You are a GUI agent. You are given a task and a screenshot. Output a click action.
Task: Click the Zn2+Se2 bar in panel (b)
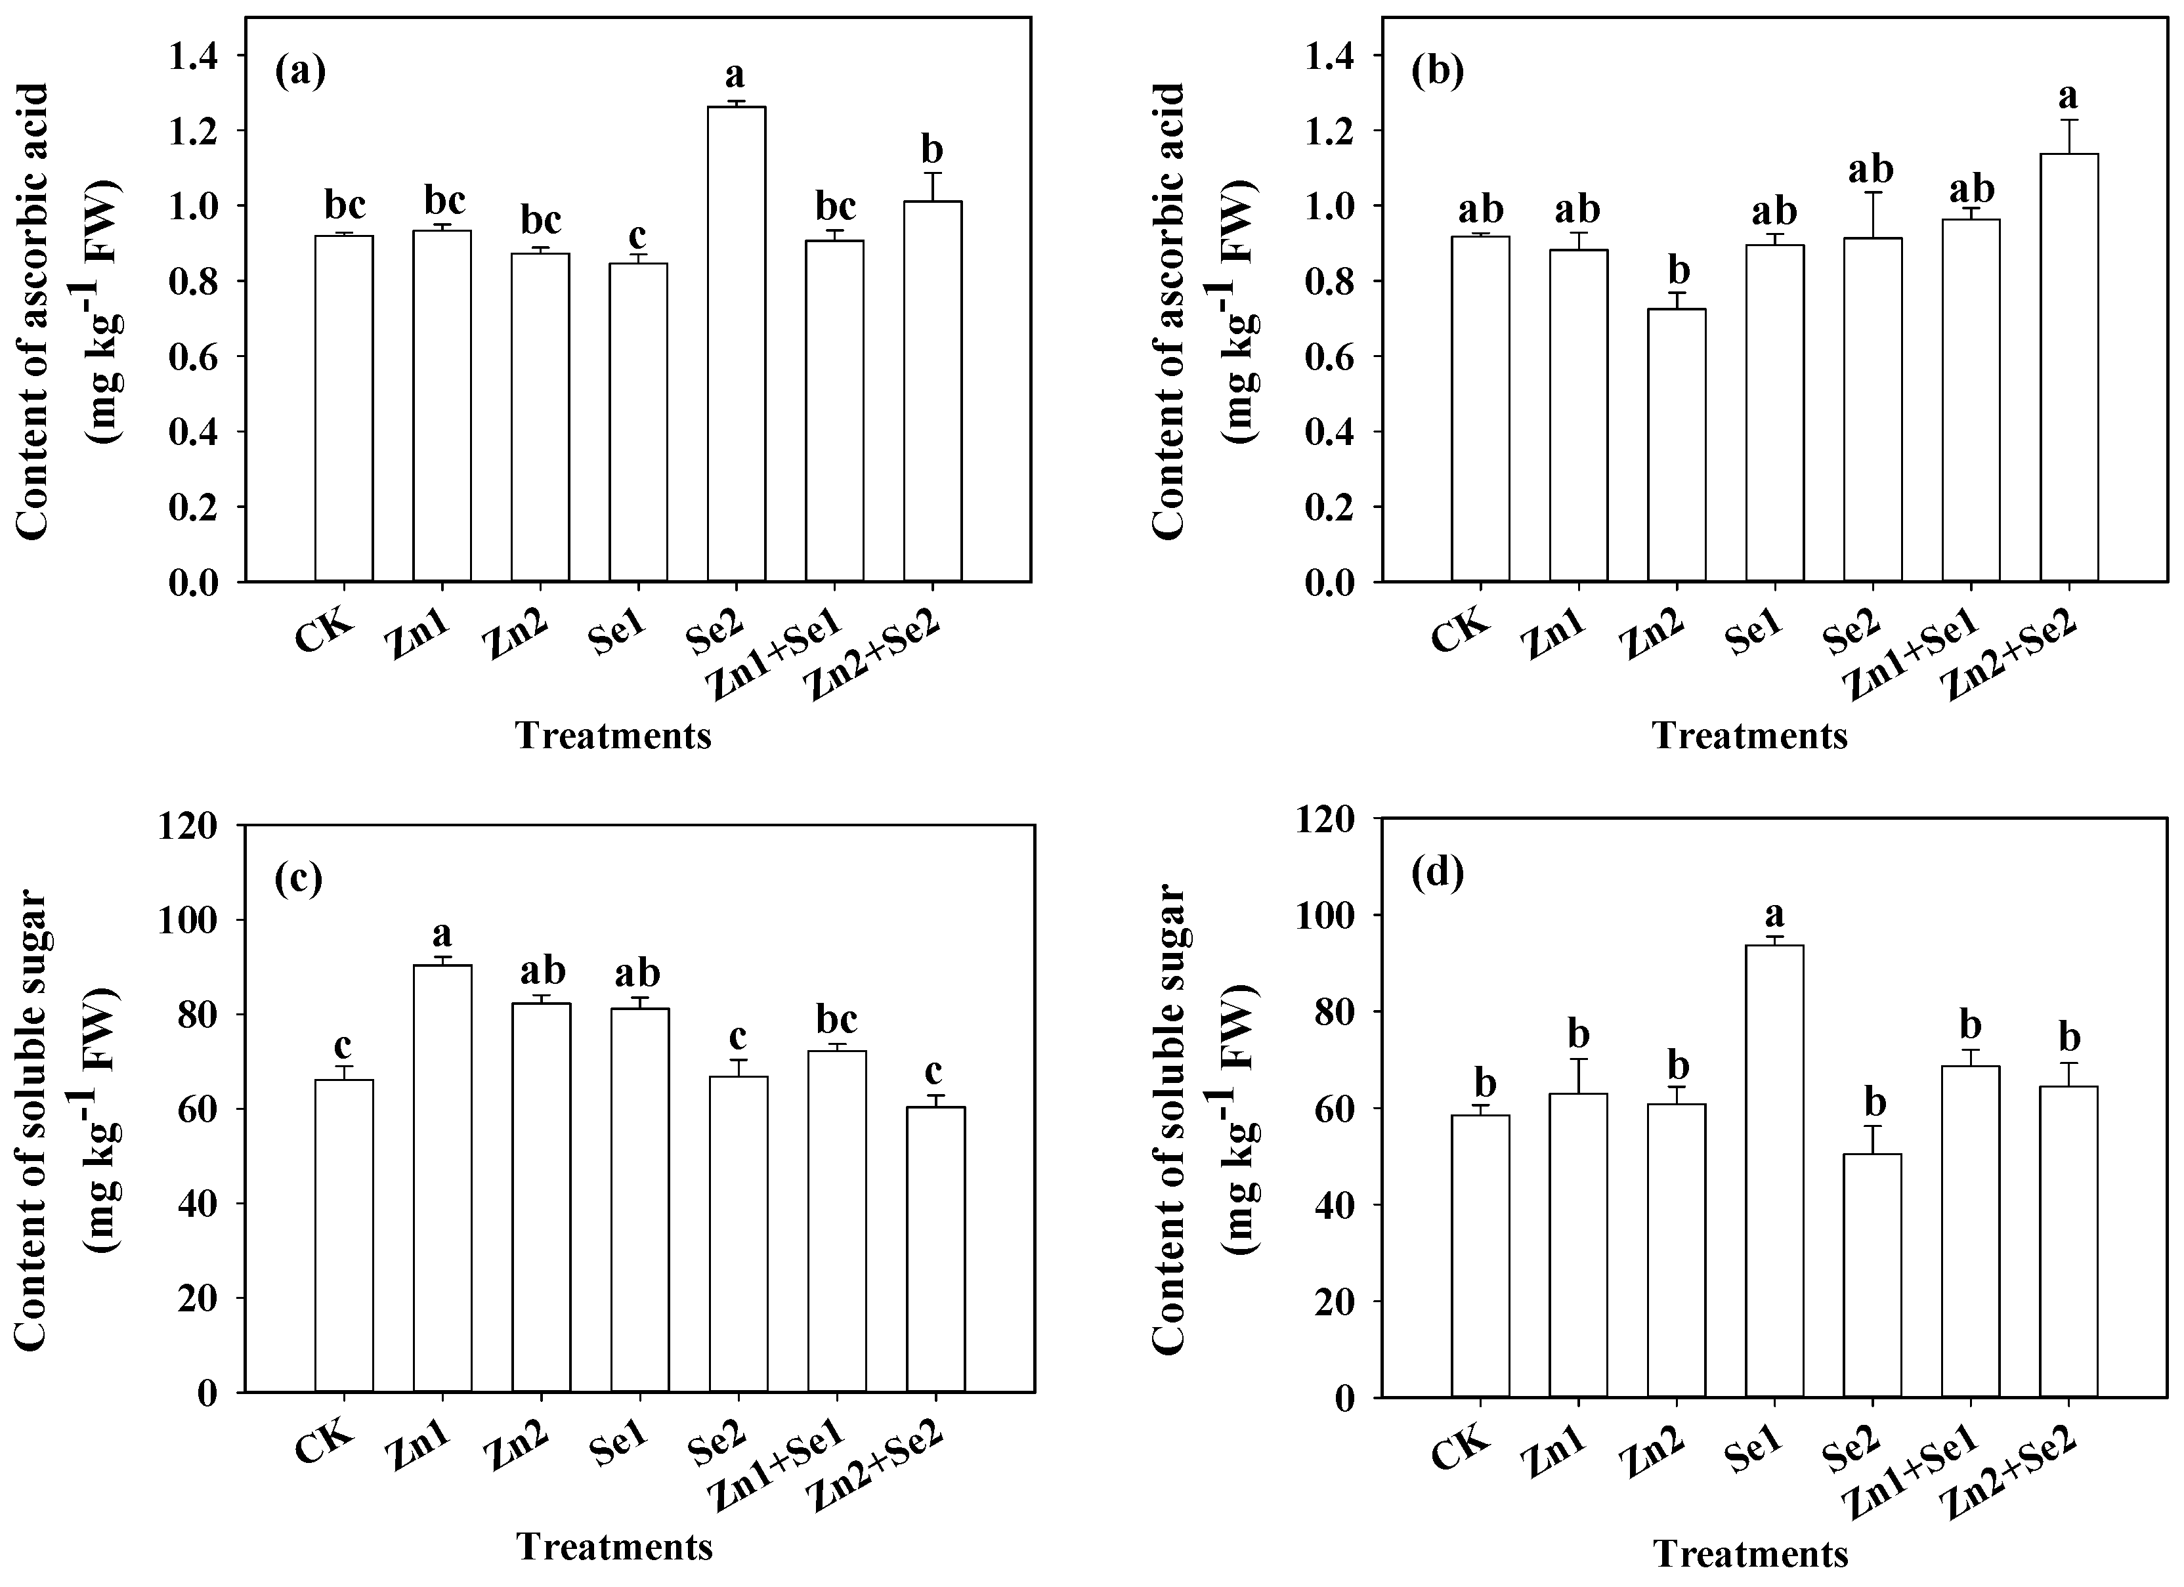coord(2069,367)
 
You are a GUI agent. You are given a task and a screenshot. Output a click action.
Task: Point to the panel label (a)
coord(301,72)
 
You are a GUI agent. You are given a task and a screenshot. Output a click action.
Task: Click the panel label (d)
coord(1437,874)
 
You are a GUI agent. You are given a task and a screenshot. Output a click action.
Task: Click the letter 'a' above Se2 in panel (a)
coord(736,75)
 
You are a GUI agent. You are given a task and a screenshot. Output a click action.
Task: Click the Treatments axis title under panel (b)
coord(1749,736)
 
